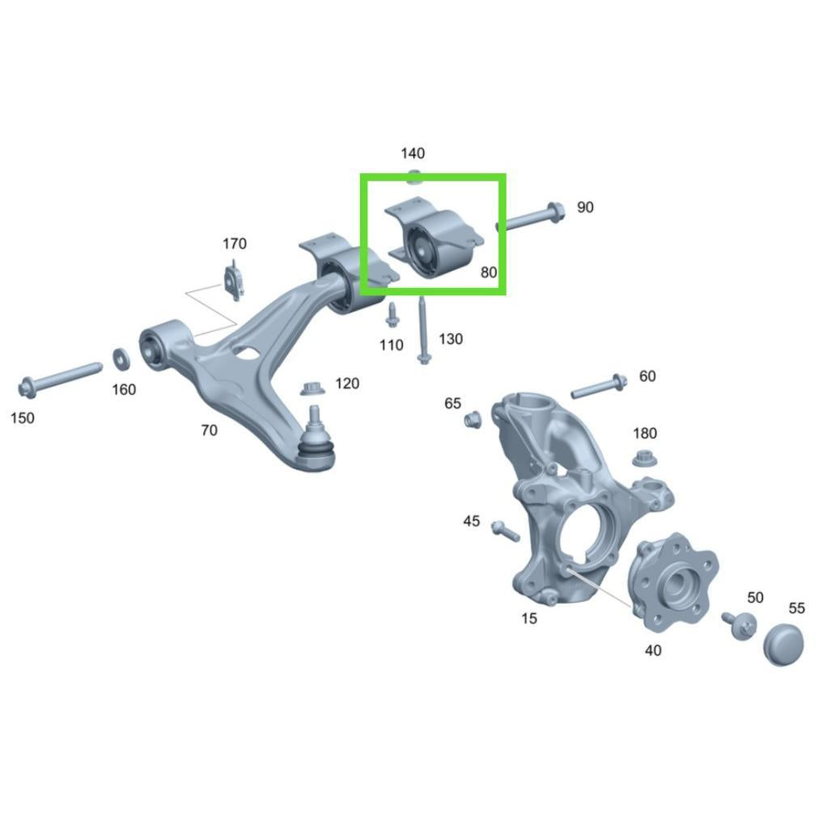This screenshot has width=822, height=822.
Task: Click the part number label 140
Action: (x=413, y=153)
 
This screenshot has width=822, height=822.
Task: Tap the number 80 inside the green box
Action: (x=489, y=272)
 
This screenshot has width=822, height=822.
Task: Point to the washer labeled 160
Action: (x=122, y=359)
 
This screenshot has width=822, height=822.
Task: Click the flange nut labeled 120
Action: (x=312, y=389)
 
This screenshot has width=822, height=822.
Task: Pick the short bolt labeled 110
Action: (x=392, y=315)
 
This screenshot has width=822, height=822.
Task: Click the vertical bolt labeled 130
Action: (x=422, y=330)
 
